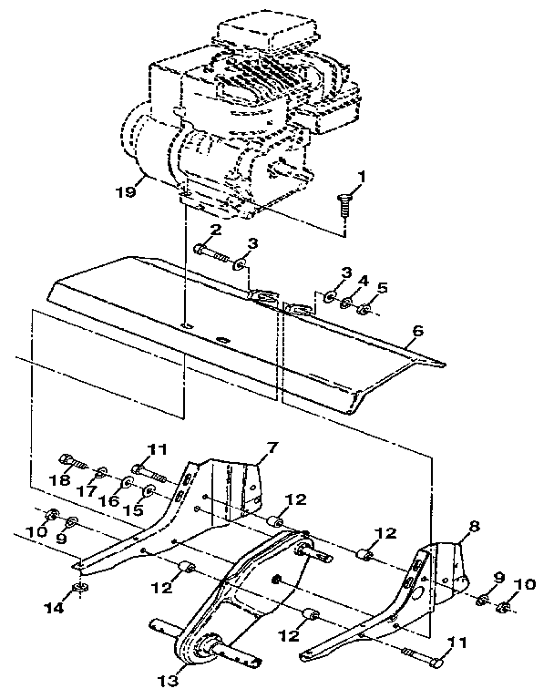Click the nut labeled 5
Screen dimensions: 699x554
363,310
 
